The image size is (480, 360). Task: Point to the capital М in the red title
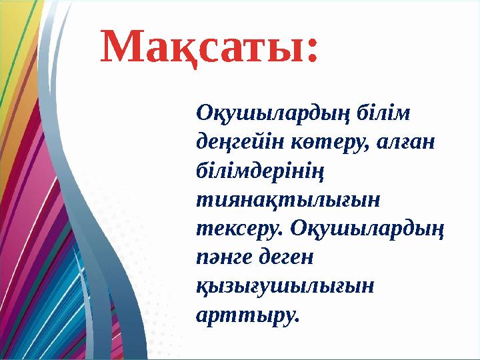coord(124,46)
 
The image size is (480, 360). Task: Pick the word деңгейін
coord(231,141)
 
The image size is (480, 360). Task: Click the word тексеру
coord(235,227)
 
